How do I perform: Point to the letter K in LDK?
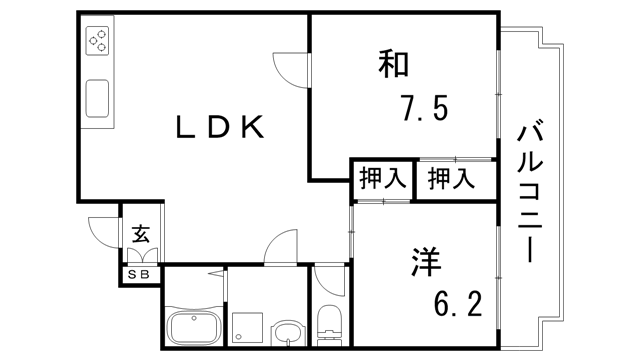[251, 128]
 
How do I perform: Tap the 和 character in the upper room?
[393, 65]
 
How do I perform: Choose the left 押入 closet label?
[381, 181]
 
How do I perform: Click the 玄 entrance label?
[140, 236]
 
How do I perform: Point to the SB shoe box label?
[139, 273]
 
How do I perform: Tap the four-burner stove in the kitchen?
[98, 41]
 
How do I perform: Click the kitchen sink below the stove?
[99, 100]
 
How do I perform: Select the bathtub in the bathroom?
[194, 327]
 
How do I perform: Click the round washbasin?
[286, 333]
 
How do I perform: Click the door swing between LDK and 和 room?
[293, 64]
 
